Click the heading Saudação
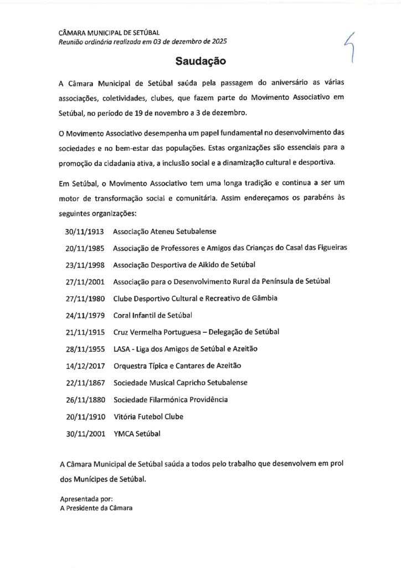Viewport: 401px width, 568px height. (200, 60)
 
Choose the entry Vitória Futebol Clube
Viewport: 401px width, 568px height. (148, 417)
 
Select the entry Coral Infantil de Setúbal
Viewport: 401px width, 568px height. (152, 315)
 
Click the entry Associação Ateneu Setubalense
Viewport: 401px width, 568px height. (164, 231)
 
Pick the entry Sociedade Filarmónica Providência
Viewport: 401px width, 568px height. (170, 399)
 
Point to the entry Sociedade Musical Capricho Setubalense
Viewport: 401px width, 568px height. (180, 383)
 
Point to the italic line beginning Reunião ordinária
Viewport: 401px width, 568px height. (142, 42)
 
